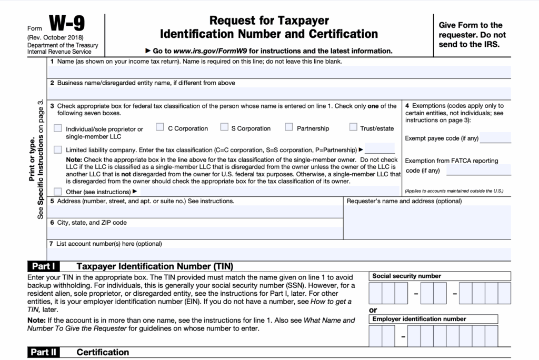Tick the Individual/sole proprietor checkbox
pos(57,128)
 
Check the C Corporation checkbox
pos(160,127)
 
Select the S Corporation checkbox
pos(224,127)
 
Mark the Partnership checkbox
pos(289,127)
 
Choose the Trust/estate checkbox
pos(353,127)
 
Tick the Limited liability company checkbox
pos(57,149)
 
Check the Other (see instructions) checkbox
pos(57,192)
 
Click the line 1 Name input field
pos(279,72)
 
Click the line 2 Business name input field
pos(279,93)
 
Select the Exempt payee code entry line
pos(495,138)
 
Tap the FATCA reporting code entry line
pos(478,170)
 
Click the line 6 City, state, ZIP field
pos(195,233)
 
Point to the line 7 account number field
pos(279,254)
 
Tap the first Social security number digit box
pos(375,293)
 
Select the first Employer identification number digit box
pos(375,335)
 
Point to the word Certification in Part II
pos(103,352)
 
